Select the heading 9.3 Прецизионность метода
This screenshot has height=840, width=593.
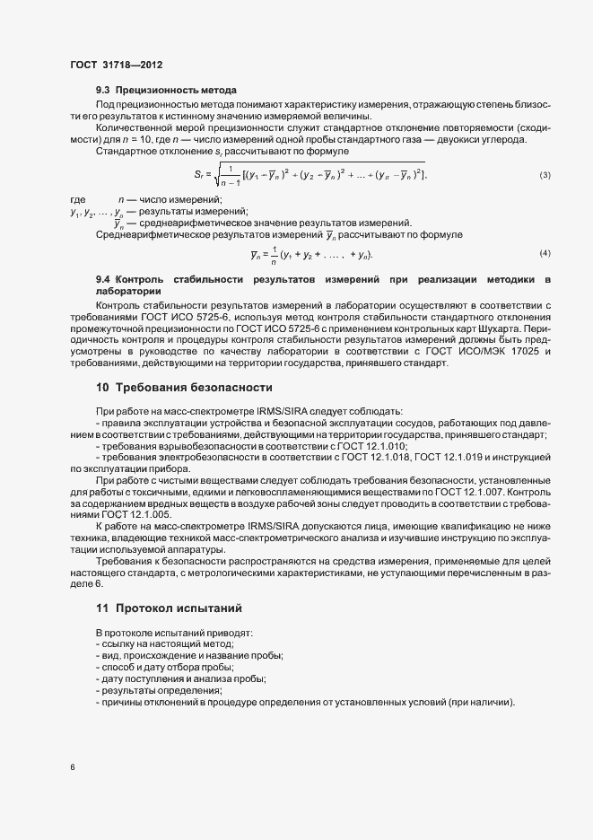(166, 91)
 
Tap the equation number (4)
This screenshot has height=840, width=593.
(545, 254)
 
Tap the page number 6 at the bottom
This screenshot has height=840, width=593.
(73, 767)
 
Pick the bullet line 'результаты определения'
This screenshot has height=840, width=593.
(159, 690)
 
